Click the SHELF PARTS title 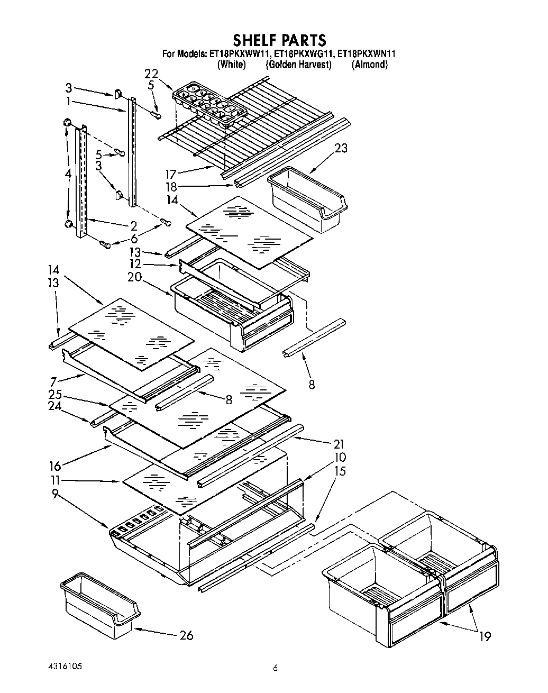(279, 40)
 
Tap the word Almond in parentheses (370, 65)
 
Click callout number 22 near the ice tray (151, 74)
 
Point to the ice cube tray (209, 103)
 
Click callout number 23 (341, 148)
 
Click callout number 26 (186, 635)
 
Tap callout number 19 (485, 637)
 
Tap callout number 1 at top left (69, 101)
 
